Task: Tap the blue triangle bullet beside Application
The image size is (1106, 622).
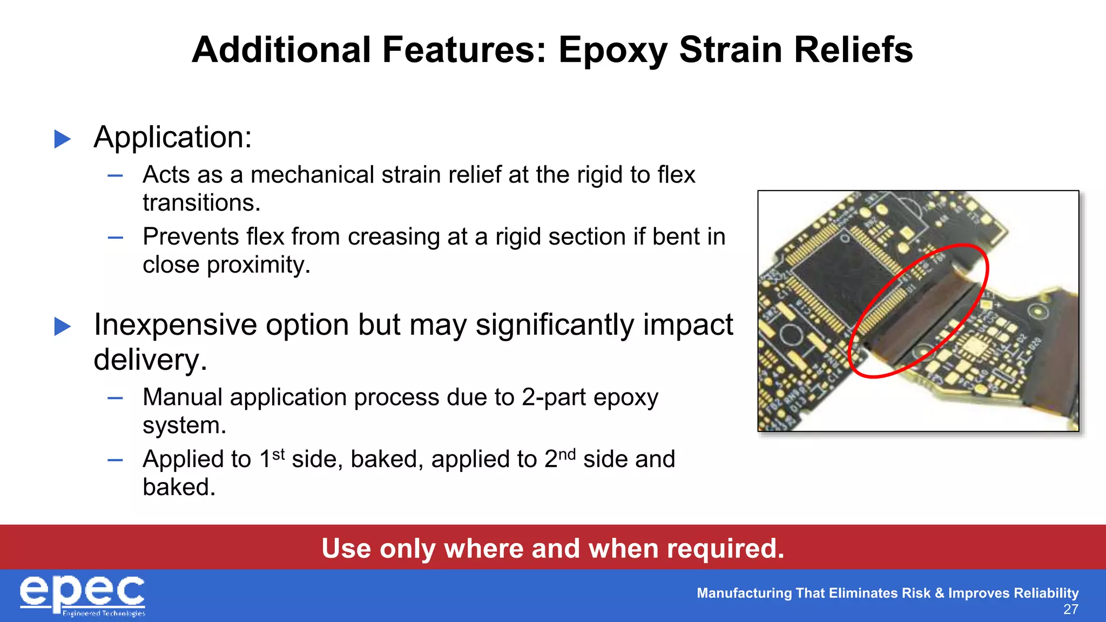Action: pyautogui.click(x=63, y=139)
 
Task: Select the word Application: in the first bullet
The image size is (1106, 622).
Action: pyautogui.click(x=173, y=137)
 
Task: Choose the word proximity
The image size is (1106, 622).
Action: pyautogui.click(x=258, y=265)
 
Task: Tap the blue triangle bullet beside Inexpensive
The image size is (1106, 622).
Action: pyautogui.click(x=63, y=326)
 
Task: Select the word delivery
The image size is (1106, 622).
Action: pyautogui.click(x=150, y=360)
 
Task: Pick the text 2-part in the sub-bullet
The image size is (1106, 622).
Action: pyautogui.click(x=554, y=397)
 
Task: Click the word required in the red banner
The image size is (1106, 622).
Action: pyautogui.click(x=725, y=549)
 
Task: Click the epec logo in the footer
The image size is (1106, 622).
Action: pyautogui.click(x=83, y=595)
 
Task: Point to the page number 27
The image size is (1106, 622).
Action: pyautogui.click(x=1070, y=610)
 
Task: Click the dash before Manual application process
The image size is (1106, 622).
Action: pyautogui.click(x=115, y=398)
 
